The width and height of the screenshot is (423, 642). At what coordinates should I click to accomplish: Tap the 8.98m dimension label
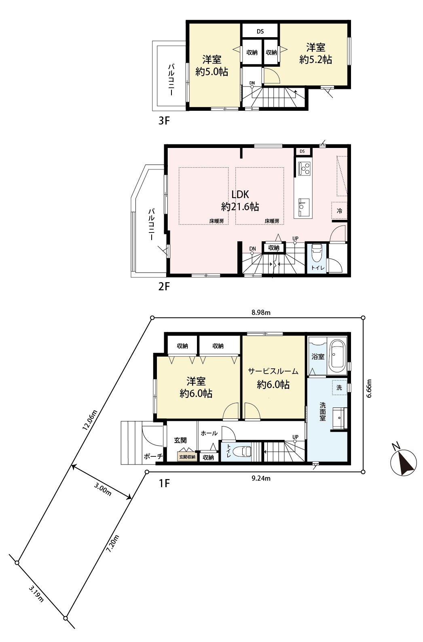pos(261,313)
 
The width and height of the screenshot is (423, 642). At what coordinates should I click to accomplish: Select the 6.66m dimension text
pos(369,389)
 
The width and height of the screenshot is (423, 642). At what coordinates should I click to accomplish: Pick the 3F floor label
pos(164,120)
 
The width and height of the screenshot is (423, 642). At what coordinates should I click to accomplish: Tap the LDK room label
pos(240,194)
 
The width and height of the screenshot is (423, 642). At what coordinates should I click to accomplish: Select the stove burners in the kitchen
pos(304,169)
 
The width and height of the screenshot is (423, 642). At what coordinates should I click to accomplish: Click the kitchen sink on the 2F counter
pos(304,207)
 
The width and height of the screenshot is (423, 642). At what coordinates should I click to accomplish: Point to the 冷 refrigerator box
pos(340,211)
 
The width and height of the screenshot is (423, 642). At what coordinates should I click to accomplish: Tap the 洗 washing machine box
pos(340,387)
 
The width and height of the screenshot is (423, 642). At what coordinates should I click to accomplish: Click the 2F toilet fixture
pos(317,252)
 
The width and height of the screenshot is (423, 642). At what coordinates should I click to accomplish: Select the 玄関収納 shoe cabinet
pos(187,457)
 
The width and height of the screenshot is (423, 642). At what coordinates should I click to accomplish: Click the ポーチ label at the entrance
pos(153,456)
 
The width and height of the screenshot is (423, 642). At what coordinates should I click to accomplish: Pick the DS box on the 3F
pos(260,31)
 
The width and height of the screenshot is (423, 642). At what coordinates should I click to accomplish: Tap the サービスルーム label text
pos(273,372)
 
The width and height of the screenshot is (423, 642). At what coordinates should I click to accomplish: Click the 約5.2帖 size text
pos(316,59)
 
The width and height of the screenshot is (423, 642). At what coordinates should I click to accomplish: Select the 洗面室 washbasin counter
pos(340,418)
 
